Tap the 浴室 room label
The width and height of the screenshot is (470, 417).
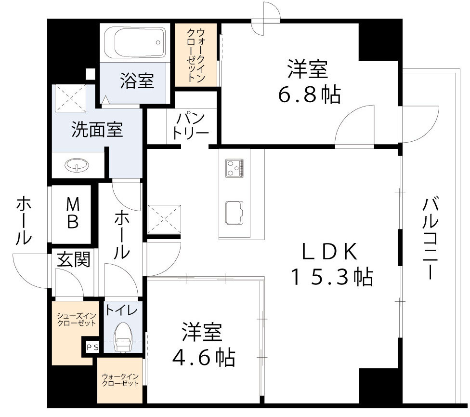137,81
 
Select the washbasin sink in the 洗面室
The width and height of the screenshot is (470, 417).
77,166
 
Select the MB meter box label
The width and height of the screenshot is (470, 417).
73,214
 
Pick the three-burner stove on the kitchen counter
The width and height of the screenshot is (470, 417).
235,168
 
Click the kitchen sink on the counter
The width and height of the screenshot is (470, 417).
235,213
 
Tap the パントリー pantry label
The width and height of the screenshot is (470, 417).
191,126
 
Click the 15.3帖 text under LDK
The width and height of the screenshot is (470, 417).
331,277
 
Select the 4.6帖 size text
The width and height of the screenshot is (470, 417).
204,357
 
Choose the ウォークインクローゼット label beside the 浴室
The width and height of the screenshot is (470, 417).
196,54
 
